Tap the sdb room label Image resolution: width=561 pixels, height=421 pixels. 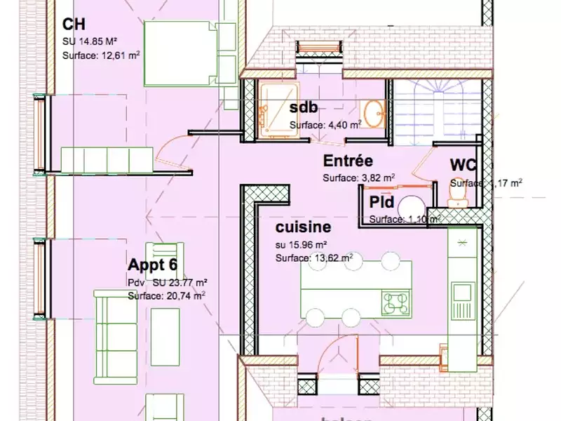coord(304,108)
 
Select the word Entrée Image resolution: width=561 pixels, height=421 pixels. coord(348,161)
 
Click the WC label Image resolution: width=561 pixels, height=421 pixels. coord(463,166)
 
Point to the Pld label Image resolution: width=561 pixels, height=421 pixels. coord(381,203)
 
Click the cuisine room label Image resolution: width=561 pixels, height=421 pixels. coord(303,227)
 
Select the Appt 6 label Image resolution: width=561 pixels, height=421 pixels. coord(153,265)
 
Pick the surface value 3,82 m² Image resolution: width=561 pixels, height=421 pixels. coord(376,178)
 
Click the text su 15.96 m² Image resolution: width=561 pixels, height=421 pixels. coord(302,245)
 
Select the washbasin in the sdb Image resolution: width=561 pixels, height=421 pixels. coord(374,111)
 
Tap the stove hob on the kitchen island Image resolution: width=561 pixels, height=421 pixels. coord(396,303)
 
